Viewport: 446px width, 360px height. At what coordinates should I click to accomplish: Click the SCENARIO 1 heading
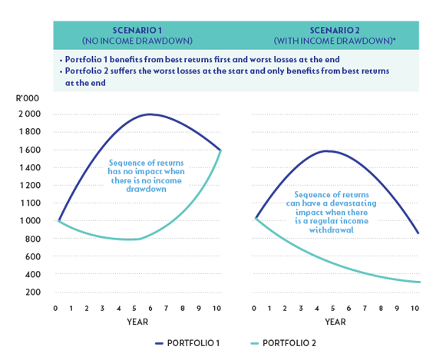tap(137, 30)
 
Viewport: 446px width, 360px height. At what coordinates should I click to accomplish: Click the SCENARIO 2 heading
tap(335, 30)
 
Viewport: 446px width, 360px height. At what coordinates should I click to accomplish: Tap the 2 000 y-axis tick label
tap(30, 114)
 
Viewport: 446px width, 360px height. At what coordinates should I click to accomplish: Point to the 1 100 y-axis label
tap(30, 203)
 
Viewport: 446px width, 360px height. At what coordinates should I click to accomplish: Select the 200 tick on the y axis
tap(33, 292)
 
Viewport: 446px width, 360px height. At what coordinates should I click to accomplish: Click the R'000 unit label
tap(28, 98)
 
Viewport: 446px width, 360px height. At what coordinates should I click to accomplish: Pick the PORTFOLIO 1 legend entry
tap(188, 343)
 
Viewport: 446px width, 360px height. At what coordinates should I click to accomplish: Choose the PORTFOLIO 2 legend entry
tap(283, 343)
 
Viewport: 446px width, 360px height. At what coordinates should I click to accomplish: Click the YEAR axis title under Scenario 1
tap(137, 322)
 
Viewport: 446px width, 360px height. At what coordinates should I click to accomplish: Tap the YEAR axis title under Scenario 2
tap(335, 322)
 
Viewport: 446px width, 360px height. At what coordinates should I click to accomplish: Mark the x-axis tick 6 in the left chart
tap(150, 309)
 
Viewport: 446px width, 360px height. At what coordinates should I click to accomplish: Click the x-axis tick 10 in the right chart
tap(415, 309)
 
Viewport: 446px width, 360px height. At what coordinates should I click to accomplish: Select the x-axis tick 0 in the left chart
tap(55, 309)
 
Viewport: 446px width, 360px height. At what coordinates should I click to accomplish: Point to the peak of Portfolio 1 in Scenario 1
tap(150, 114)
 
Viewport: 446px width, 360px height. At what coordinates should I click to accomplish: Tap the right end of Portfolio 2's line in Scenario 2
tap(420, 282)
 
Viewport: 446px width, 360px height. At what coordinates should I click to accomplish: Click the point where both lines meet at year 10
tap(221, 150)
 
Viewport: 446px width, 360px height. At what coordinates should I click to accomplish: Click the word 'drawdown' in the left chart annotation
tap(146, 189)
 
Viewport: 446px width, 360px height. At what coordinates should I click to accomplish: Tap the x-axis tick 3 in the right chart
tap(301, 309)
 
